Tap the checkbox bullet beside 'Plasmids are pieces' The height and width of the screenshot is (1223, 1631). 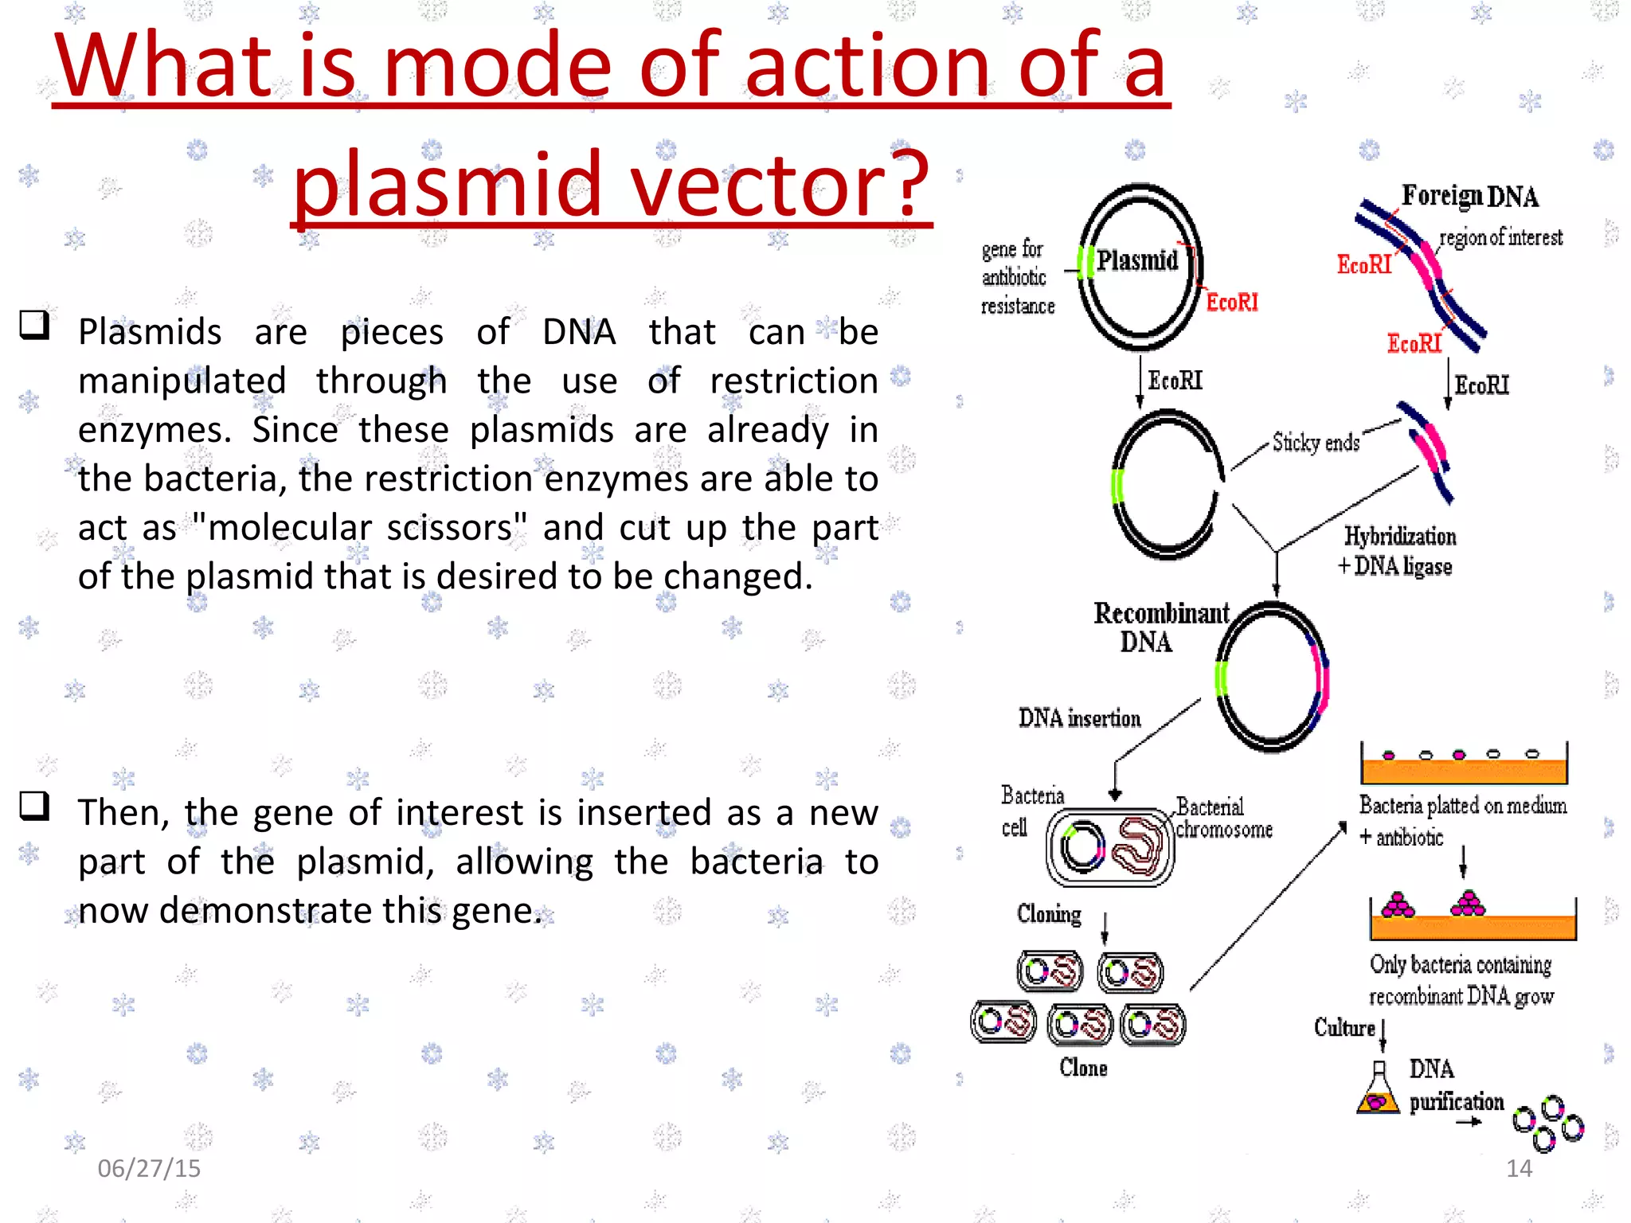(34, 325)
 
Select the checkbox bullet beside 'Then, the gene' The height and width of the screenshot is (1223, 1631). (34, 806)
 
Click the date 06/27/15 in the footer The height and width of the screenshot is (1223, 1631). (149, 1168)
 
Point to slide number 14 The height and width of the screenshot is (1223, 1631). (1519, 1168)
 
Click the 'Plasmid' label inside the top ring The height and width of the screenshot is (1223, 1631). (1136, 260)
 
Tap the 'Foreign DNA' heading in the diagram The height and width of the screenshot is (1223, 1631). (1469, 196)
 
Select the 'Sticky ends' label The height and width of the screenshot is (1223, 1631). (1315, 443)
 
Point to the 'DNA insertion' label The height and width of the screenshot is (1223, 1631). (1079, 718)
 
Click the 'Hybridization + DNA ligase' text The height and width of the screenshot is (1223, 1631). (1398, 551)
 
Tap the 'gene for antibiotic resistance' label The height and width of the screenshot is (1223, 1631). (1017, 277)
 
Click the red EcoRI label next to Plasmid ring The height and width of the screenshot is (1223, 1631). (1231, 303)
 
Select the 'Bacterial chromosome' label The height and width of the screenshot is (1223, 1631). (1222, 818)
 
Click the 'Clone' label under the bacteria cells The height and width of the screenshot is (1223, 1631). (1082, 1068)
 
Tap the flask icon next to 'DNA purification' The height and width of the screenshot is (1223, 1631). (1378, 1090)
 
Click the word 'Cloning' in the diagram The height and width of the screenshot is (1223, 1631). (1049, 914)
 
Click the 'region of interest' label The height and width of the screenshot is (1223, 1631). (1500, 237)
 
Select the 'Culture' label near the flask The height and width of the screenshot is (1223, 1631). (1344, 1028)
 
